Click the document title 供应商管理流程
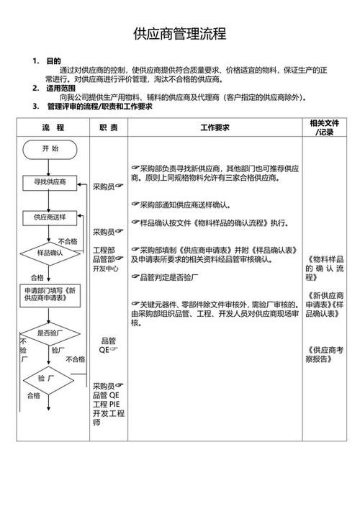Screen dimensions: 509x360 (x=180, y=34)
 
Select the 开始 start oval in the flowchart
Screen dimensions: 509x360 (x=50, y=148)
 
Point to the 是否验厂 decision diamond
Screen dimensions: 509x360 (x=50, y=333)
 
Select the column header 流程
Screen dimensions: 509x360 (x=53, y=127)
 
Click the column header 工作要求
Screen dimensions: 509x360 (x=214, y=127)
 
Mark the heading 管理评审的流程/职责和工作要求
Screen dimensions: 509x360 (x=99, y=106)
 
